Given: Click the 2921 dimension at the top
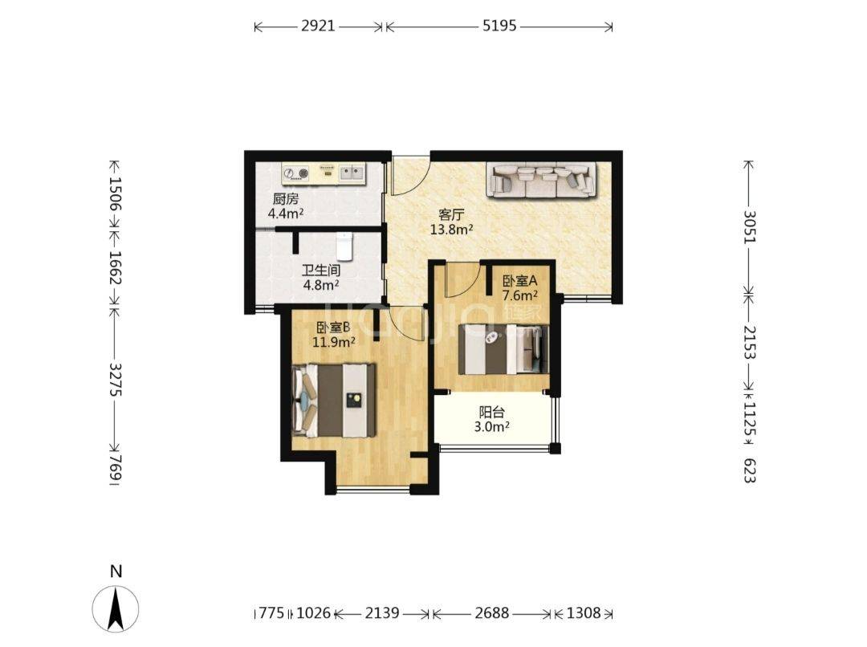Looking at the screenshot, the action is pos(318,26).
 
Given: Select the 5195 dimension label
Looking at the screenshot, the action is pos(499,26).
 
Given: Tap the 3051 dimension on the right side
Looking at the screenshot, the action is pos(749,226).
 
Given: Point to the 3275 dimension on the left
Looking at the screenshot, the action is pos(116,379).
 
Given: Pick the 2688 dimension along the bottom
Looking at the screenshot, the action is pos(491,612).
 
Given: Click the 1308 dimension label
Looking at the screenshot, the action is pos(584,612).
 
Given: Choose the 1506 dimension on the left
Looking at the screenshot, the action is pos(116,193).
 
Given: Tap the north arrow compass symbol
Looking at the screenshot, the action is pos(116,607).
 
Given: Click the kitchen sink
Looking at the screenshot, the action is pos(352,173).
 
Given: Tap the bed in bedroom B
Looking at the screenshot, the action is pos(334,400).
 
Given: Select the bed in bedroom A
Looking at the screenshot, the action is pos(503,349).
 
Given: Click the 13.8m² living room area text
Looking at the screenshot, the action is pos(451,229).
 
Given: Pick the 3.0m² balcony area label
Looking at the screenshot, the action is pos(491,426).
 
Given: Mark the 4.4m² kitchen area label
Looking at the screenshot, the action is pos(285,213).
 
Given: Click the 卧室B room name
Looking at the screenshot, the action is pos(333,328).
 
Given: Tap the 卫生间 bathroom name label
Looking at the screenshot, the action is pos(320,271).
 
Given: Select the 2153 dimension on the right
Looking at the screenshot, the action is pos(749,341).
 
